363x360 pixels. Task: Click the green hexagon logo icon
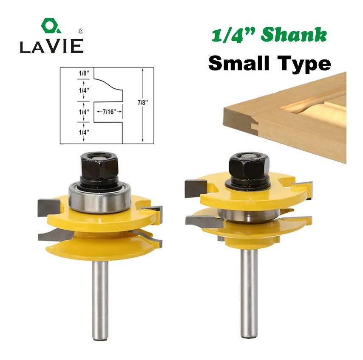click(51, 25)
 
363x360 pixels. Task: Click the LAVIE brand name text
click(51, 46)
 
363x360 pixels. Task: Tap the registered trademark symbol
click(81, 31)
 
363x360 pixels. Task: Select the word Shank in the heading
click(294, 35)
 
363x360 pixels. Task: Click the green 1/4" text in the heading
click(234, 35)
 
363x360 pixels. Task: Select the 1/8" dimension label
click(84, 73)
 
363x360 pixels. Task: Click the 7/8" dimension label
click(143, 102)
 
